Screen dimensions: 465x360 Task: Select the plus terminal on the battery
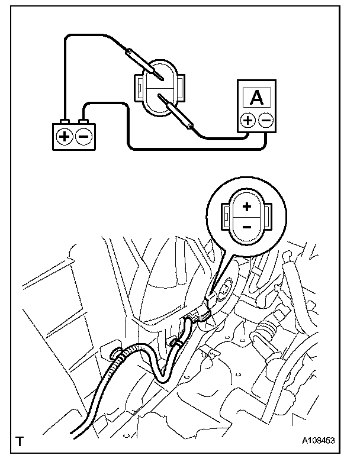64,136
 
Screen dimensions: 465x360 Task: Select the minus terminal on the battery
83,136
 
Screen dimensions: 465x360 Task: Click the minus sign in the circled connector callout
247,227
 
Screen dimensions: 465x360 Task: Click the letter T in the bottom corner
21,441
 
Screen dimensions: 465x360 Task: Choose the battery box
73,136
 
